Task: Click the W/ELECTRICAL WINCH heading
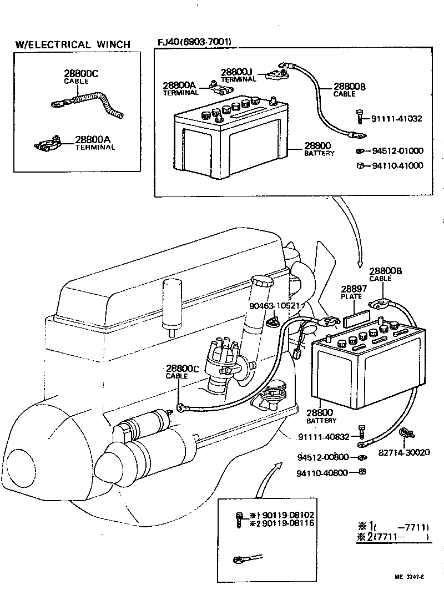pyautogui.click(x=73, y=44)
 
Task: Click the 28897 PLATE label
pyautogui.click(x=351, y=293)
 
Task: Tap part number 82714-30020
pyautogui.click(x=404, y=452)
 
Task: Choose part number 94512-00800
pyautogui.click(x=322, y=457)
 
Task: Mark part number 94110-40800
pyautogui.click(x=322, y=473)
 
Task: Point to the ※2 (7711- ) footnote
pyautogui.click(x=393, y=537)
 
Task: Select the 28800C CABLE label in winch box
pyautogui.click(x=77, y=77)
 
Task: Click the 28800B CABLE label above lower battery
pyautogui.click(x=385, y=274)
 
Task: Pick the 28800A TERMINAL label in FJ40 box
pyautogui.click(x=179, y=89)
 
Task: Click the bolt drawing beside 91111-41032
pyautogui.click(x=361, y=118)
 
